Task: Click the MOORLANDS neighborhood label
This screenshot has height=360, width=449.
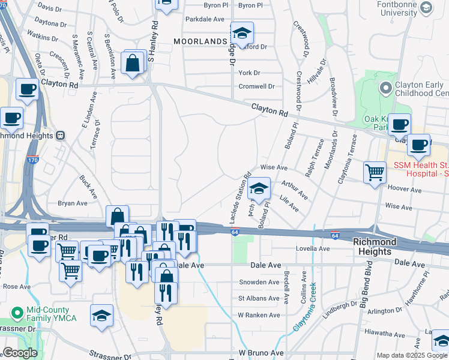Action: click(x=200, y=41)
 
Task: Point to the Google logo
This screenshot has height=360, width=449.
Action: click(x=20, y=353)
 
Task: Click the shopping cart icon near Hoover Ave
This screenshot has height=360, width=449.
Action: click(x=375, y=173)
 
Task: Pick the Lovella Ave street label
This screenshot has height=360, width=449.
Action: click(x=312, y=248)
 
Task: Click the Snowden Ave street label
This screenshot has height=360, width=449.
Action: click(x=260, y=281)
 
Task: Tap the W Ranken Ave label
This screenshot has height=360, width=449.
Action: click(x=259, y=314)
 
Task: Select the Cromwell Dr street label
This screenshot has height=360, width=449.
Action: click(x=256, y=86)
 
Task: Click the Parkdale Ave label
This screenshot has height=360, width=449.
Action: click(x=205, y=19)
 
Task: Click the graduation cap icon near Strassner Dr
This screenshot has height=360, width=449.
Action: click(x=101, y=316)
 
